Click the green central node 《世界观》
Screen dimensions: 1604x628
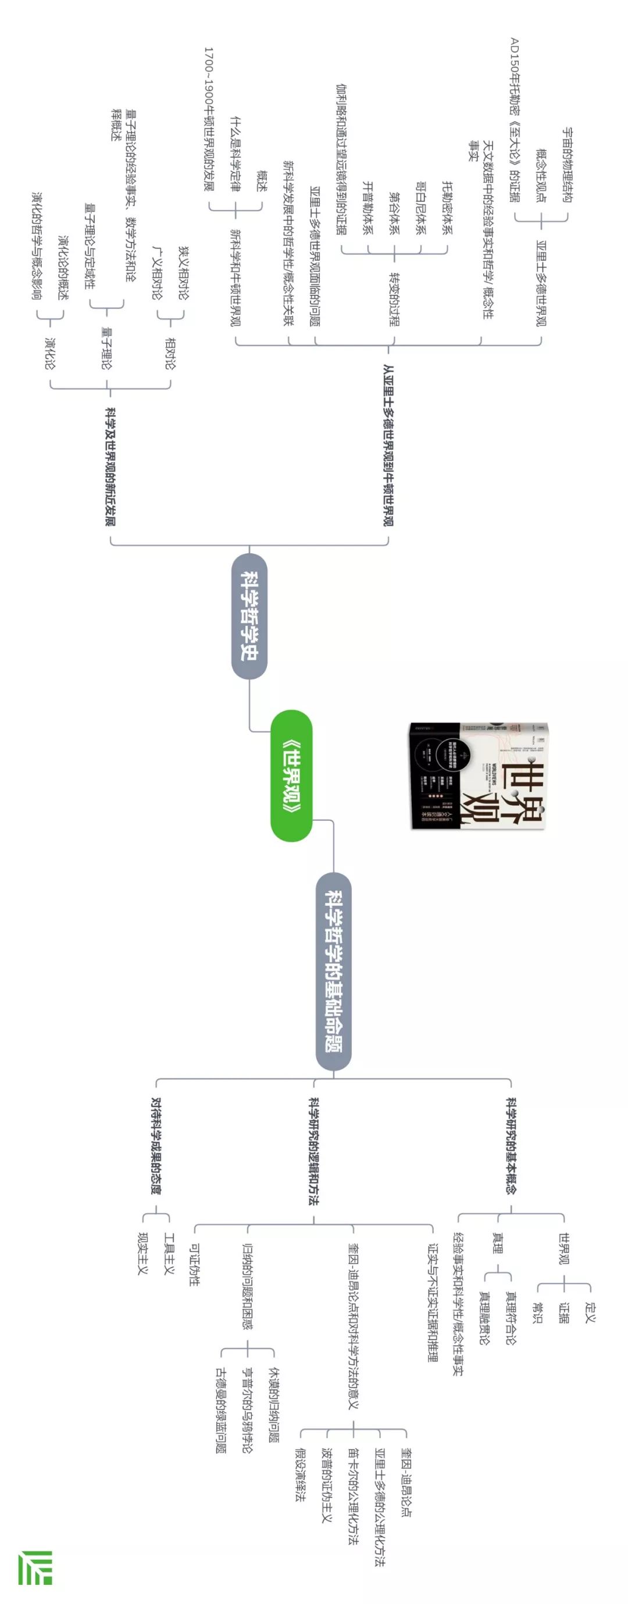click(x=291, y=775)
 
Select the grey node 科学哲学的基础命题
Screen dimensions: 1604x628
click(x=334, y=972)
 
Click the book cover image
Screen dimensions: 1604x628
click(x=478, y=775)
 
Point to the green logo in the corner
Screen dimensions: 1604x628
click(x=35, y=1567)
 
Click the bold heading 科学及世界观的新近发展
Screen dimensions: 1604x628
click(x=110, y=467)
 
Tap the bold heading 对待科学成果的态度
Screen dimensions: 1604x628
click(x=156, y=1146)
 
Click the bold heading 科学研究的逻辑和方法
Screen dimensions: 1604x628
click(x=313, y=1151)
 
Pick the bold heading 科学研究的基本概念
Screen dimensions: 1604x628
click(x=511, y=1146)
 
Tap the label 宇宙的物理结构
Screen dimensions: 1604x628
click(x=568, y=165)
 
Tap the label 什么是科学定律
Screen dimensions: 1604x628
click(x=235, y=153)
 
